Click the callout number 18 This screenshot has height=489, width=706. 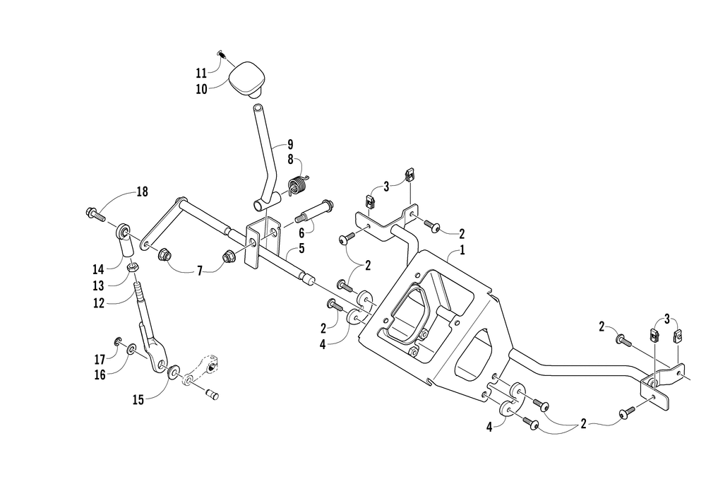click(x=143, y=192)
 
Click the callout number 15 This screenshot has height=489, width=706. click(x=138, y=399)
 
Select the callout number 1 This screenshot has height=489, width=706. click(x=462, y=250)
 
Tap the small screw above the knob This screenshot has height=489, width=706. click(x=221, y=54)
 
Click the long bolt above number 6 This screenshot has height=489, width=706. click(x=317, y=209)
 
